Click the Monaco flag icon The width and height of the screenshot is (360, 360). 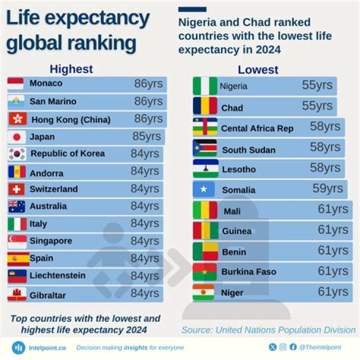(15, 83)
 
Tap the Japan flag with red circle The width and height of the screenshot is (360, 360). (16, 136)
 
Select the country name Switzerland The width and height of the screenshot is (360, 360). (53, 189)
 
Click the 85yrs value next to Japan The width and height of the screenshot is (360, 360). (146, 136)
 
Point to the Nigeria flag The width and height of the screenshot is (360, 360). (205, 86)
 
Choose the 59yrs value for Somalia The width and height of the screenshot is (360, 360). (327, 188)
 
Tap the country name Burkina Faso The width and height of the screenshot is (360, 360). (248, 272)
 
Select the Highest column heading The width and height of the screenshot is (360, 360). (71, 69)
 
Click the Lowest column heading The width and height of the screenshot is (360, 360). (258, 69)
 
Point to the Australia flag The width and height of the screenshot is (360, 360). (16, 206)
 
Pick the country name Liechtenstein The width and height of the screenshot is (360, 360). (57, 275)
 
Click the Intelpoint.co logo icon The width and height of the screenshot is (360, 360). (18, 347)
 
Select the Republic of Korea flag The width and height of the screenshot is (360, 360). (16, 154)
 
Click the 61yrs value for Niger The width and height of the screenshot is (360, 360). (333, 291)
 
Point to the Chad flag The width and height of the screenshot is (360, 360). (205, 106)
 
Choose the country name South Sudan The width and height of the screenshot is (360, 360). (248, 150)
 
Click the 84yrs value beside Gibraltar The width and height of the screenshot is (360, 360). (145, 294)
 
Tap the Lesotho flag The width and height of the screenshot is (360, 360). (205, 168)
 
